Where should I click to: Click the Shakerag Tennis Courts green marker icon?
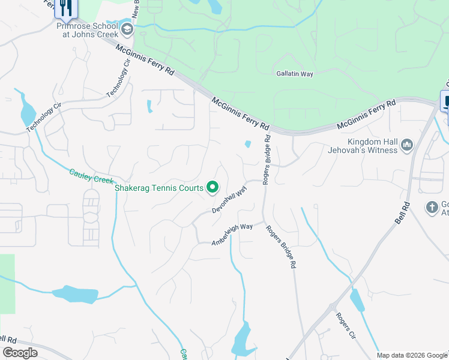click(x=212, y=188)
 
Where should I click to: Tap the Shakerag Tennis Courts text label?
click(x=159, y=188)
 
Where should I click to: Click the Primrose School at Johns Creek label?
click(x=88, y=31)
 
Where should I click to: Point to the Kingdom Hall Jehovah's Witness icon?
click(x=407, y=145)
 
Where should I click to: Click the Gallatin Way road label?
click(x=295, y=73)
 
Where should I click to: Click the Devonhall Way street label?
click(x=230, y=200)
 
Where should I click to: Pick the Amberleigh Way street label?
click(x=232, y=235)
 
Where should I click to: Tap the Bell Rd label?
click(x=402, y=212)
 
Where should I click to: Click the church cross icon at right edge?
click(x=432, y=208)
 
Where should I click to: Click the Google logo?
click(x=20, y=353)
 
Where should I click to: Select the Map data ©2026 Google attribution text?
click(x=412, y=355)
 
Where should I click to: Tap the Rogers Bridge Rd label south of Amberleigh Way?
click(x=282, y=247)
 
